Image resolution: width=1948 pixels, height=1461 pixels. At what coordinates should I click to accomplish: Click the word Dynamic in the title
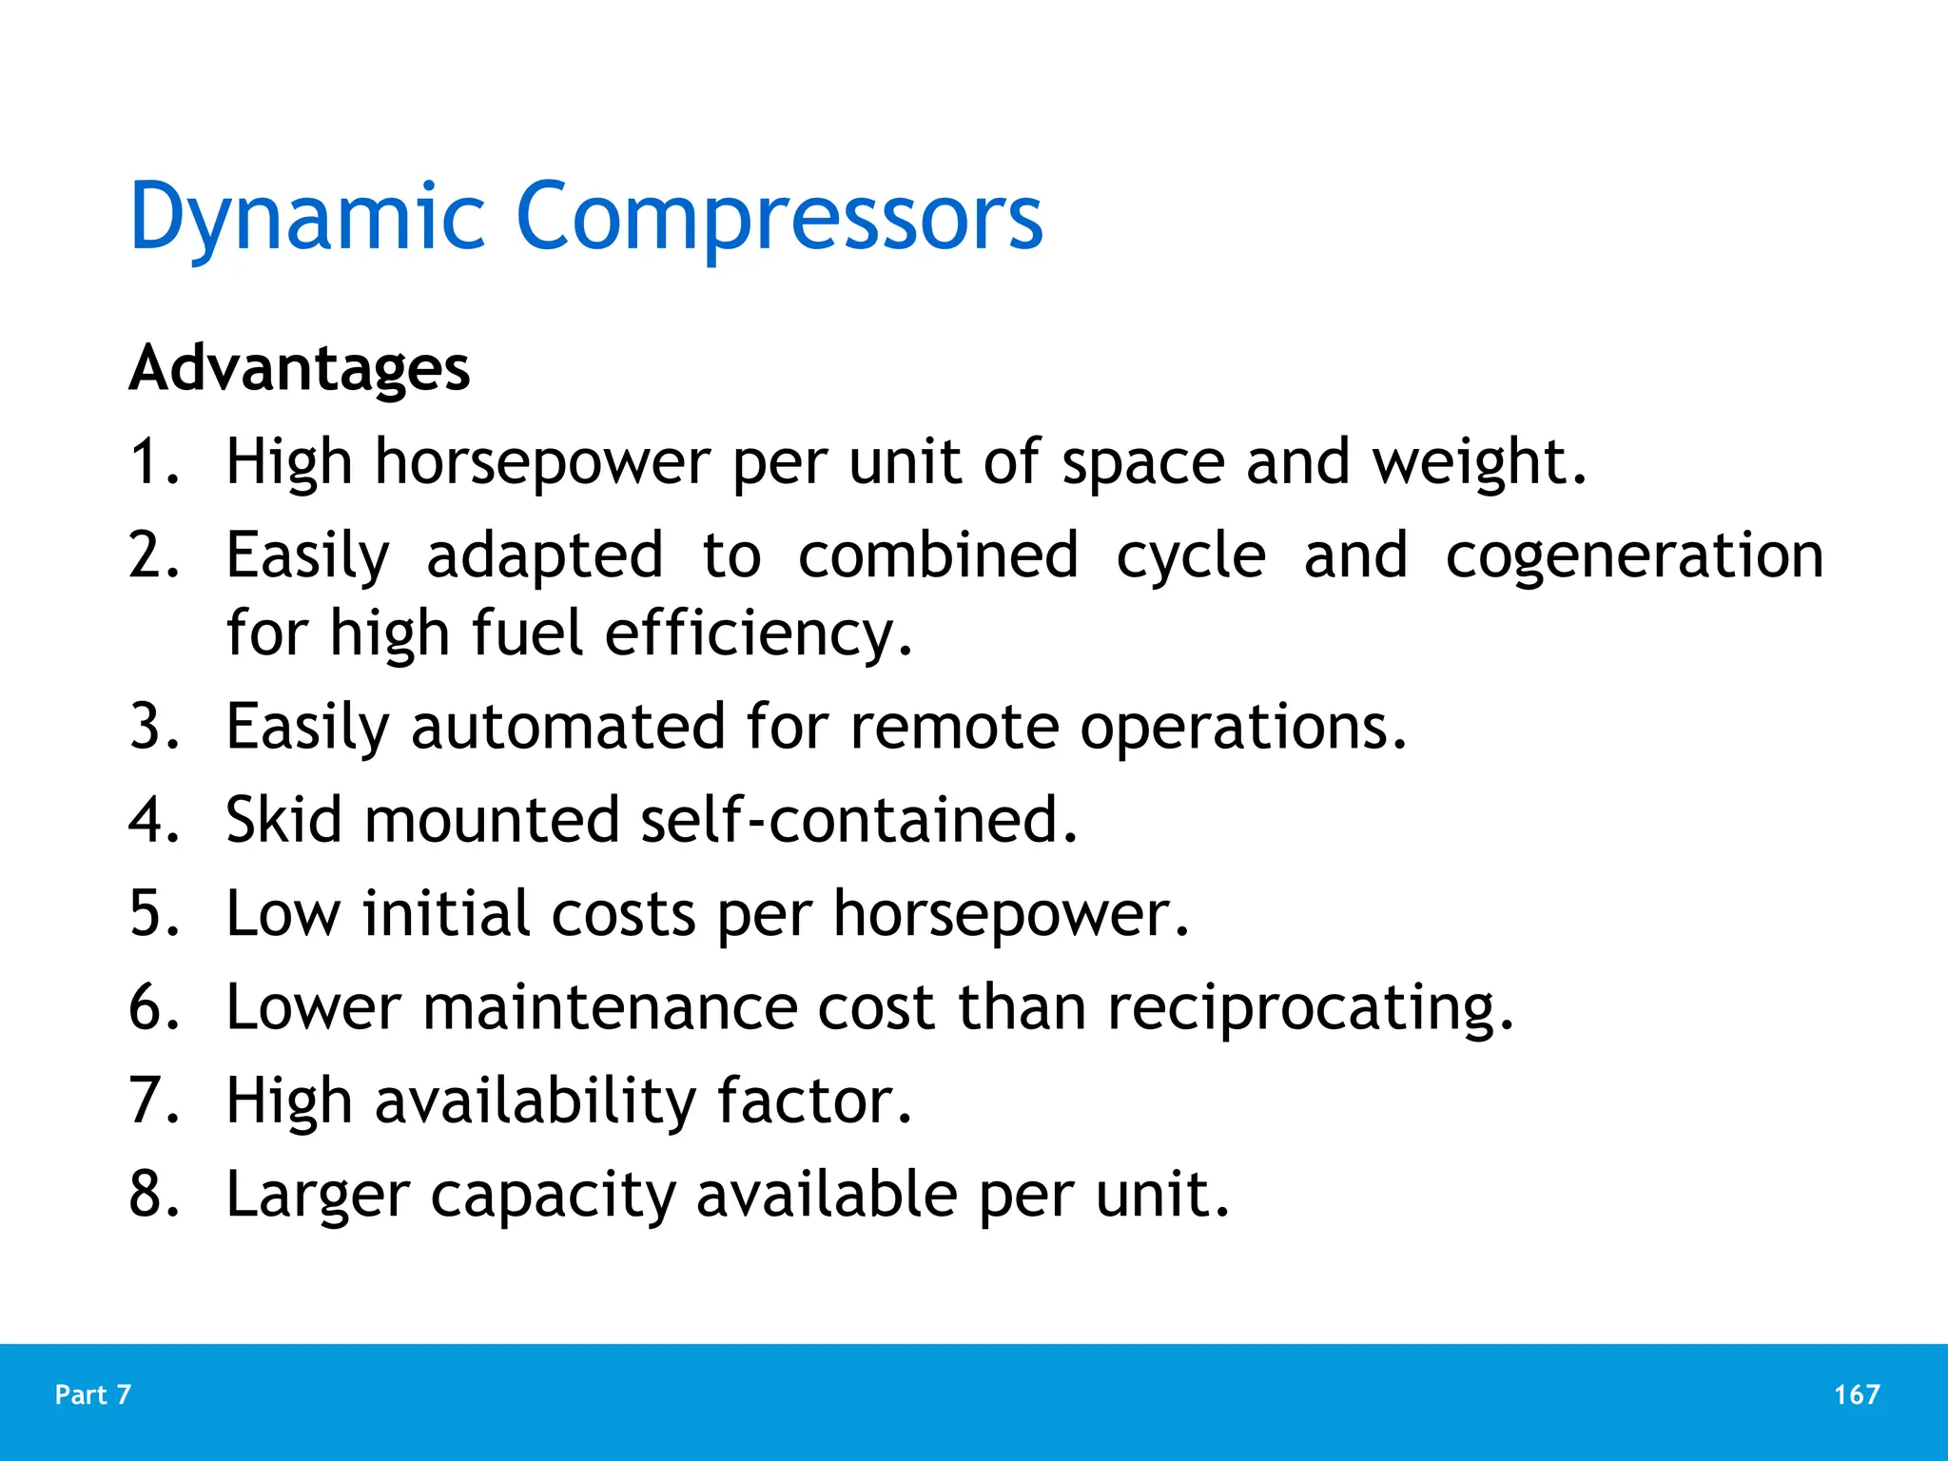(x=306, y=218)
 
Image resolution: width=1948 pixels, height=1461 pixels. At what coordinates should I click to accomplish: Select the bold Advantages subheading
(x=300, y=368)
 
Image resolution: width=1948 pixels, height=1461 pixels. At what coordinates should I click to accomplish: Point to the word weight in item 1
(x=1478, y=462)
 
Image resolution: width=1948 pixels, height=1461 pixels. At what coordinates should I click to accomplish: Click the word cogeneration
(x=1633, y=555)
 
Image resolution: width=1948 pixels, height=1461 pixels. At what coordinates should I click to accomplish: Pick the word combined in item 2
(x=938, y=555)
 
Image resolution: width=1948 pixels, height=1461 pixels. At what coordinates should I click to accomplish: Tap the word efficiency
(x=757, y=633)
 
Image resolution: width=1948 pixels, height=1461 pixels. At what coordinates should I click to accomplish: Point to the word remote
(x=954, y=727)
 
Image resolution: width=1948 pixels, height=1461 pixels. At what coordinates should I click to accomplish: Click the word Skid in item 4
(x=283, y=820)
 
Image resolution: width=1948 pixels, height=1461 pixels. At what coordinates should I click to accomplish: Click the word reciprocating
(x=1310, y=1007)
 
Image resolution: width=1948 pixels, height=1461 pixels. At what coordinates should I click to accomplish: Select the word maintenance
(x=610, y=1007)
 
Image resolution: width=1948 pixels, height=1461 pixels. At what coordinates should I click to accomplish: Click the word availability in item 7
(x=536, y=1101)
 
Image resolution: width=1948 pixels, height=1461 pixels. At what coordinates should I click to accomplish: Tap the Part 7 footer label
(x=93, y=1394)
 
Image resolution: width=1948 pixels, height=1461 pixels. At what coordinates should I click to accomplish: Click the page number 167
(x=1857, y=1394)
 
